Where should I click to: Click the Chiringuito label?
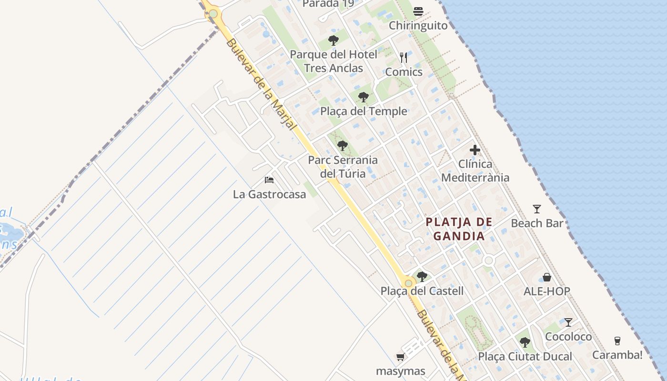tap(418, 25)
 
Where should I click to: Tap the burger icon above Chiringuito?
tap(418, 11)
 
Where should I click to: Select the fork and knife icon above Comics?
tap(404, 58)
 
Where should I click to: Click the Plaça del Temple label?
tap(364, 111)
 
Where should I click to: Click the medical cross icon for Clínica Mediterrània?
tap(475, 150)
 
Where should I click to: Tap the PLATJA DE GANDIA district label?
tap(459, 229)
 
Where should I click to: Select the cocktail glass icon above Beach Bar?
tap(537, 209)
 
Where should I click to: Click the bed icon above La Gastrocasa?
tap(269, 180)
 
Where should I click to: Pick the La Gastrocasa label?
tap(269, 194)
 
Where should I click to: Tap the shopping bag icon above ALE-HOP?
tap(547, 277)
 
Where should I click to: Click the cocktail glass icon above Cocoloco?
tap(568, 322)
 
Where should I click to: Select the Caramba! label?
tap(617, 355)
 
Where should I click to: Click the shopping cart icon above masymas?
tap(400, 357)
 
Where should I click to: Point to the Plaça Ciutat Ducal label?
tap(525, 357)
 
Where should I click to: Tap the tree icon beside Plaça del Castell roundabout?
tap(422, 276)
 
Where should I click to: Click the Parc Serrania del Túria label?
tap(343, 167)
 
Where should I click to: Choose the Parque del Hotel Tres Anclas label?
tap(333, 61)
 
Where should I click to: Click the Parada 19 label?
tap(328, 4)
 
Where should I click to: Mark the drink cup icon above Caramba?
tap(617, 341)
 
